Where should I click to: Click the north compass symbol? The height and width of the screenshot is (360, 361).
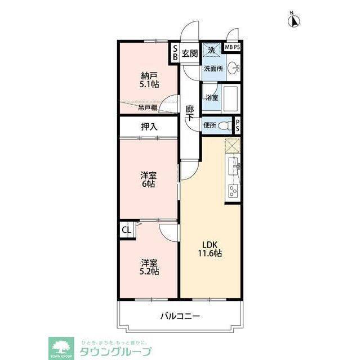293,21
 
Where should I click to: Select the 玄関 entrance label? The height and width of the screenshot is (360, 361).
189,54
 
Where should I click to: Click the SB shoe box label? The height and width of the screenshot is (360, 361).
175,53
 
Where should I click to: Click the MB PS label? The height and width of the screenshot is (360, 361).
232,48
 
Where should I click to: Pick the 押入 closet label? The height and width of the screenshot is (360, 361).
149,127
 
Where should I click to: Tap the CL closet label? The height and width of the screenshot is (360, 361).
126,230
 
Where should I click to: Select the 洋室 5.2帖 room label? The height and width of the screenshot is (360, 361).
149,267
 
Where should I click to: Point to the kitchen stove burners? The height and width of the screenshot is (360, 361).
233,191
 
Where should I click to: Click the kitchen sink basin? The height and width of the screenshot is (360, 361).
234,167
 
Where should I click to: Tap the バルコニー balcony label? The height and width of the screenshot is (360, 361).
180,317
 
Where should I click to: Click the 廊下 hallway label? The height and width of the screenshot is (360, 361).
190,112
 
